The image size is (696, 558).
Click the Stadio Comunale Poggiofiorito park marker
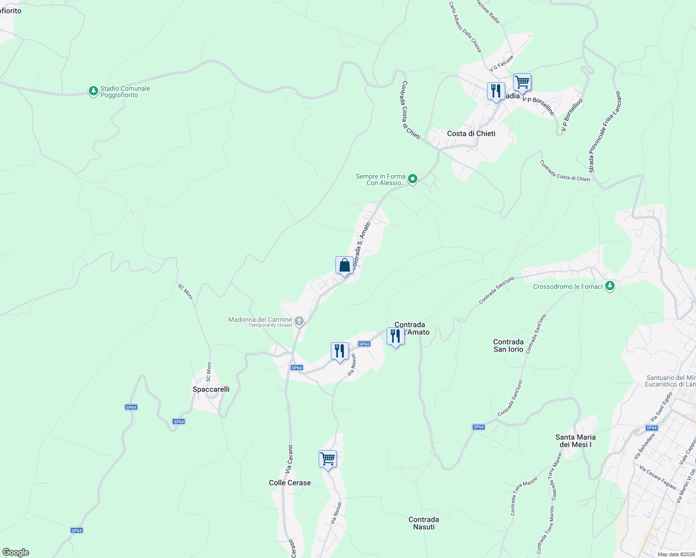94,91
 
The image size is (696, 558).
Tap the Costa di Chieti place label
471,133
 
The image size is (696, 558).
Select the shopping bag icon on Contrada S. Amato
344,266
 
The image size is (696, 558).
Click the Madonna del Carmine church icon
299,321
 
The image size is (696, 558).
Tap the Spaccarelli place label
211,389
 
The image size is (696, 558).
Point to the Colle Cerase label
289,483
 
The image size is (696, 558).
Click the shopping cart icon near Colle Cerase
328,459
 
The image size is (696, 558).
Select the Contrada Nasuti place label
423,523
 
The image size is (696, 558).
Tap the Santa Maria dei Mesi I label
576,441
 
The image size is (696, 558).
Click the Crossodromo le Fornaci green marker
609,286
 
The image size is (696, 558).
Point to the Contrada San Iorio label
508,345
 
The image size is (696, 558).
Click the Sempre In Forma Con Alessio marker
412,179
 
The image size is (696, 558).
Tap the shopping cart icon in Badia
522,83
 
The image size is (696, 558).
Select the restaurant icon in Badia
496,91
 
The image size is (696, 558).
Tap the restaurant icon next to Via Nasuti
340,351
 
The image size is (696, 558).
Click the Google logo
16,552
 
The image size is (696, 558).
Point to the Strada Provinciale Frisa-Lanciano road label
604,132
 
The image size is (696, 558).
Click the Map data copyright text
676,554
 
